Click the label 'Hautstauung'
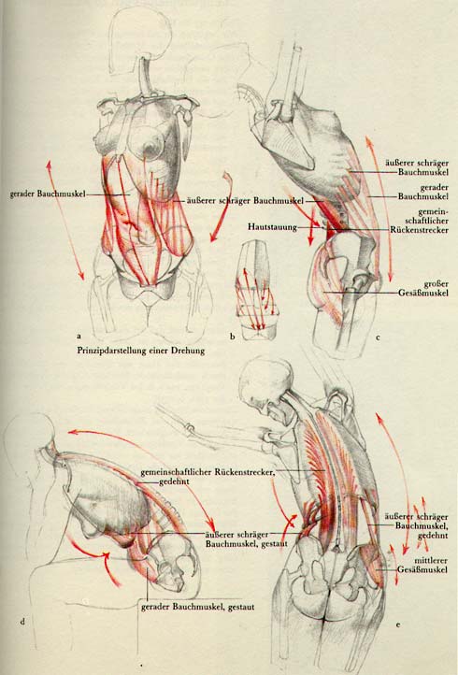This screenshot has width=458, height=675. (272, 226)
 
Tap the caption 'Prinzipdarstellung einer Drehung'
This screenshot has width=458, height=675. (141, 351)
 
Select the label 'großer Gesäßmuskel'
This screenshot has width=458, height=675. (423, 289)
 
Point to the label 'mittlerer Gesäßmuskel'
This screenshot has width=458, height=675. (422, 566)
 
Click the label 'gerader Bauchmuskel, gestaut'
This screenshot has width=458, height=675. (197, 607)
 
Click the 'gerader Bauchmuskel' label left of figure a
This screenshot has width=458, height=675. (48, 194)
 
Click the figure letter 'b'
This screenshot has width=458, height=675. (233, 337)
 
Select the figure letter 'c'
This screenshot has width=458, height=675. (378, 337)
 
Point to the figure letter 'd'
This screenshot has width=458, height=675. (22, 621)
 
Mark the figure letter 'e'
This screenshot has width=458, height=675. (398, 625)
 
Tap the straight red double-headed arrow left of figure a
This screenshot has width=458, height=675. (65, 220)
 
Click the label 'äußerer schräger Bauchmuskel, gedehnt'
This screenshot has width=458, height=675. (416, 526)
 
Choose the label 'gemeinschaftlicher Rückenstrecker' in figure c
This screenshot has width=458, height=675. (420, 221)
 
